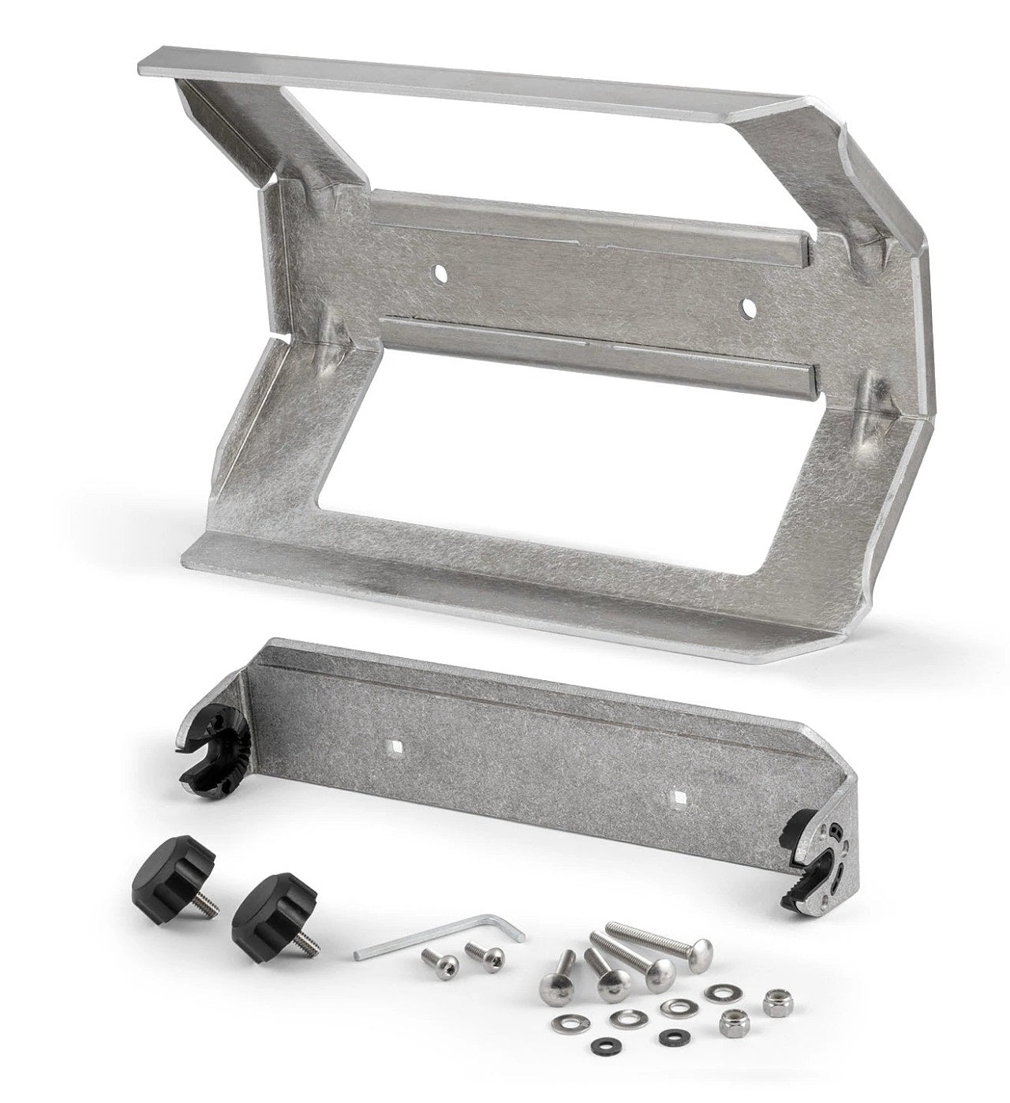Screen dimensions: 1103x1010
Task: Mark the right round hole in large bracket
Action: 744,304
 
